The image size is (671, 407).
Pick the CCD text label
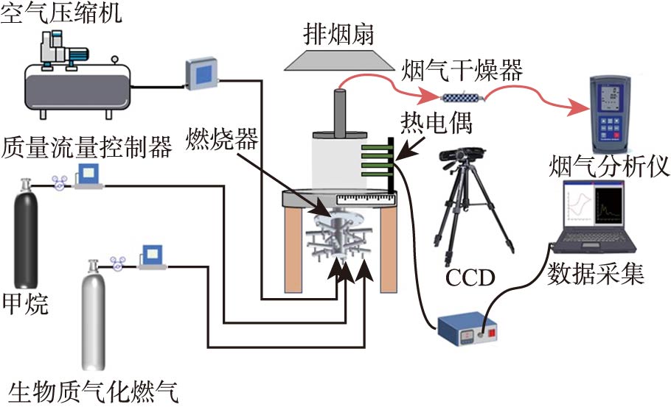[x=470, y=277]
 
